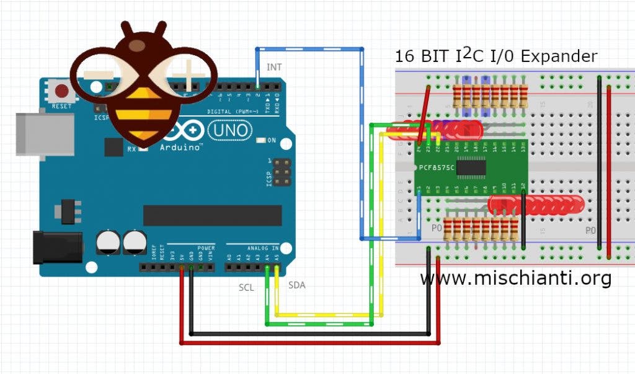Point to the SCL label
246,288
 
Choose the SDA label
296,285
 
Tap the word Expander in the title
559,56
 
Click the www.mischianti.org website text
515,278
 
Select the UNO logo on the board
229,130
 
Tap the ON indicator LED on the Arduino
261,141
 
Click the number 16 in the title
404,56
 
